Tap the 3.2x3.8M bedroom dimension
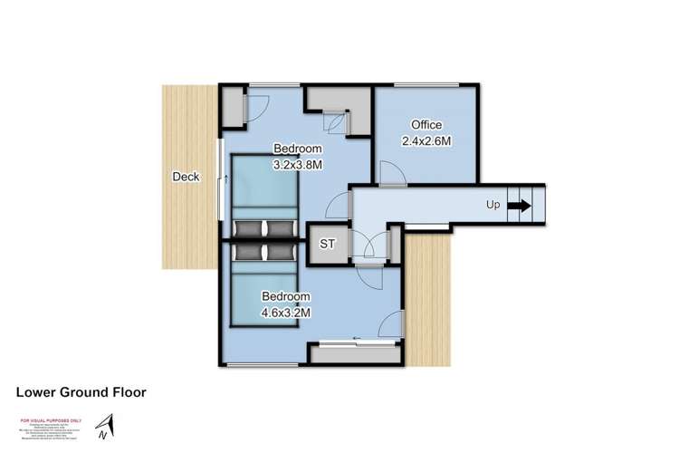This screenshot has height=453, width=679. [298, 165]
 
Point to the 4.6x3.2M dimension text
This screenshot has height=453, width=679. [286, 313]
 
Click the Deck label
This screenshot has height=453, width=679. [186, 178]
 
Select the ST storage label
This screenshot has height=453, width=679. [328, 245]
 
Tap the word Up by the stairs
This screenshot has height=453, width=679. [493, 205]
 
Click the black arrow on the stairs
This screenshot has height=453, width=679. [520, 206]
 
